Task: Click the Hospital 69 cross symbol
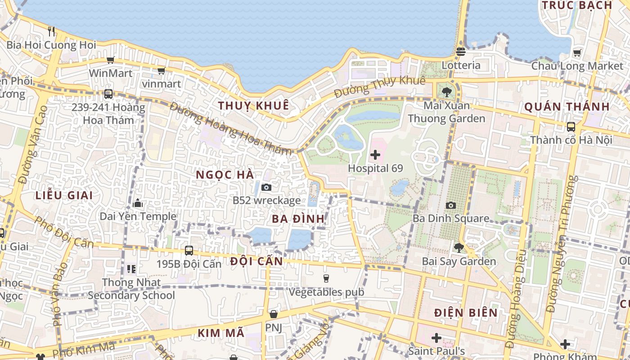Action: [375, 155]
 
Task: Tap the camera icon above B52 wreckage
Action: [266, 187]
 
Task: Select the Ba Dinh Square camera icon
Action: [450, 206]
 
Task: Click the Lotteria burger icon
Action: [460, 52]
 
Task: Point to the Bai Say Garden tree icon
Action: [459, 247]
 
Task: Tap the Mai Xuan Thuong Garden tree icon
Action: [446, 93]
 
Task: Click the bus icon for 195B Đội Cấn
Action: [189, 251]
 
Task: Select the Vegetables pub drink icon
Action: [326, 279]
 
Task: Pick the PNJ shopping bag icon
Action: [273, 314]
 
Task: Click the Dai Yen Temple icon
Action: [138, 203]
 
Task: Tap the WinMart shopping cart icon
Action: [110, 60]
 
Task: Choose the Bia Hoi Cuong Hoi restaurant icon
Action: [51, 31]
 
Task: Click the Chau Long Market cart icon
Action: [577, 53]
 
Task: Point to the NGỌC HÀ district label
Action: [225, 175]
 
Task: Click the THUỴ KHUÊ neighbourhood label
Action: [253, 106]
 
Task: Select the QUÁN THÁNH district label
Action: [567, 107]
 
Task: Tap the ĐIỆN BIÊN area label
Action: [466, 313]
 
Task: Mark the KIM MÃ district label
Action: [221, 333]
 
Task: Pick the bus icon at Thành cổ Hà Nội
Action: [571, 127]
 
